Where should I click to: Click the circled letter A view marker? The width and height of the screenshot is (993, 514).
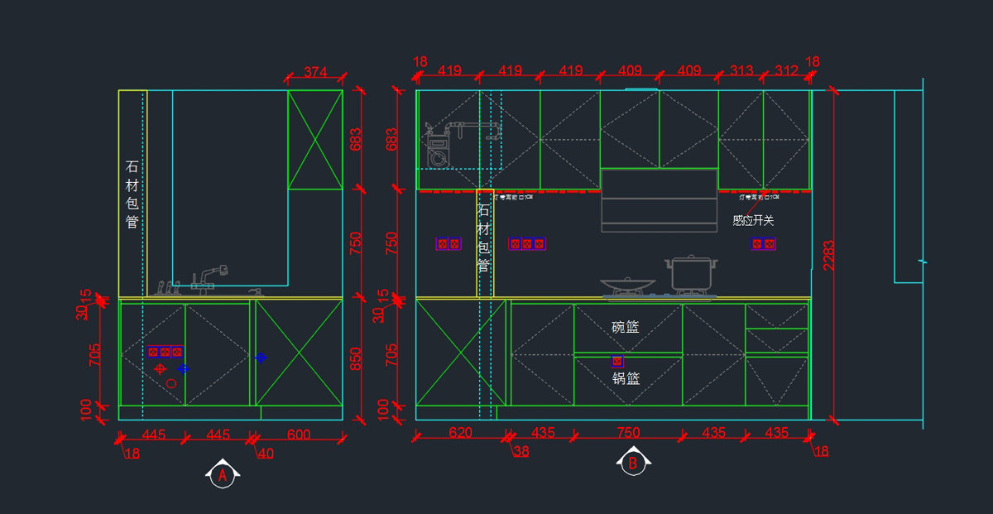coord(222,475)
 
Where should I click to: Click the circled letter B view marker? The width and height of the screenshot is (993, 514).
coord(632,464)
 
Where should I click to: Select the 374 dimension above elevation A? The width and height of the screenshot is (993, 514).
coord(315,72)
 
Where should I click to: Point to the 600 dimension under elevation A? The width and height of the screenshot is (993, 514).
coord(299,434)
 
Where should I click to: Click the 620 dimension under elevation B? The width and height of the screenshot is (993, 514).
coord(460,433)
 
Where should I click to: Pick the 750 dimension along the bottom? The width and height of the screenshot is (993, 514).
coord(628,433)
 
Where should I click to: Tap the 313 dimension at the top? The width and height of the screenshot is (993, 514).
coord(741,71)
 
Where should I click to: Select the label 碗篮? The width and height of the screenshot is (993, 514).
coord(626,327)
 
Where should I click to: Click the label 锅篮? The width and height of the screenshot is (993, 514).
coord(626,379)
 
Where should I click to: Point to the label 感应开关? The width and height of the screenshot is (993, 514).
coord(753,221)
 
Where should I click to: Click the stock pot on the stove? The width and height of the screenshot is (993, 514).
coord(691,273)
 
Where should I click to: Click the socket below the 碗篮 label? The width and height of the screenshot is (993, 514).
coord(616,361)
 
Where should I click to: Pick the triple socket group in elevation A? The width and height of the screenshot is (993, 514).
coord(165,352)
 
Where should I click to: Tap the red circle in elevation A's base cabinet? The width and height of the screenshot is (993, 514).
coord(171,383)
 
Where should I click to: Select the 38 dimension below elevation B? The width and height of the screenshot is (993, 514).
coord(520,451)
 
